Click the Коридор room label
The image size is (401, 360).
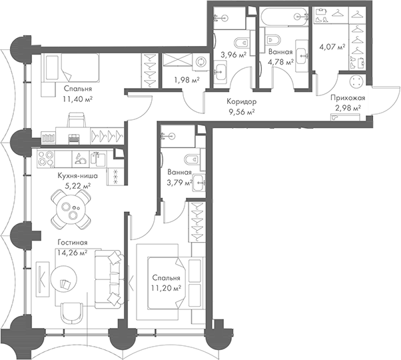point(241,101)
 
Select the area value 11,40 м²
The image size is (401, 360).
point(79,98)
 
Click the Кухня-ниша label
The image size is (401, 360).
point(78,176)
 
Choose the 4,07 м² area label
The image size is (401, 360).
point(331,47)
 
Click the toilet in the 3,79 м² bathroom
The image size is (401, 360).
point(189,159)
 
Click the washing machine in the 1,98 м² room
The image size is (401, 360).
point(202,61)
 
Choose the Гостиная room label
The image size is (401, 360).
point(72,243)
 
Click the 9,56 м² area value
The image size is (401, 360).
point(241,112)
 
